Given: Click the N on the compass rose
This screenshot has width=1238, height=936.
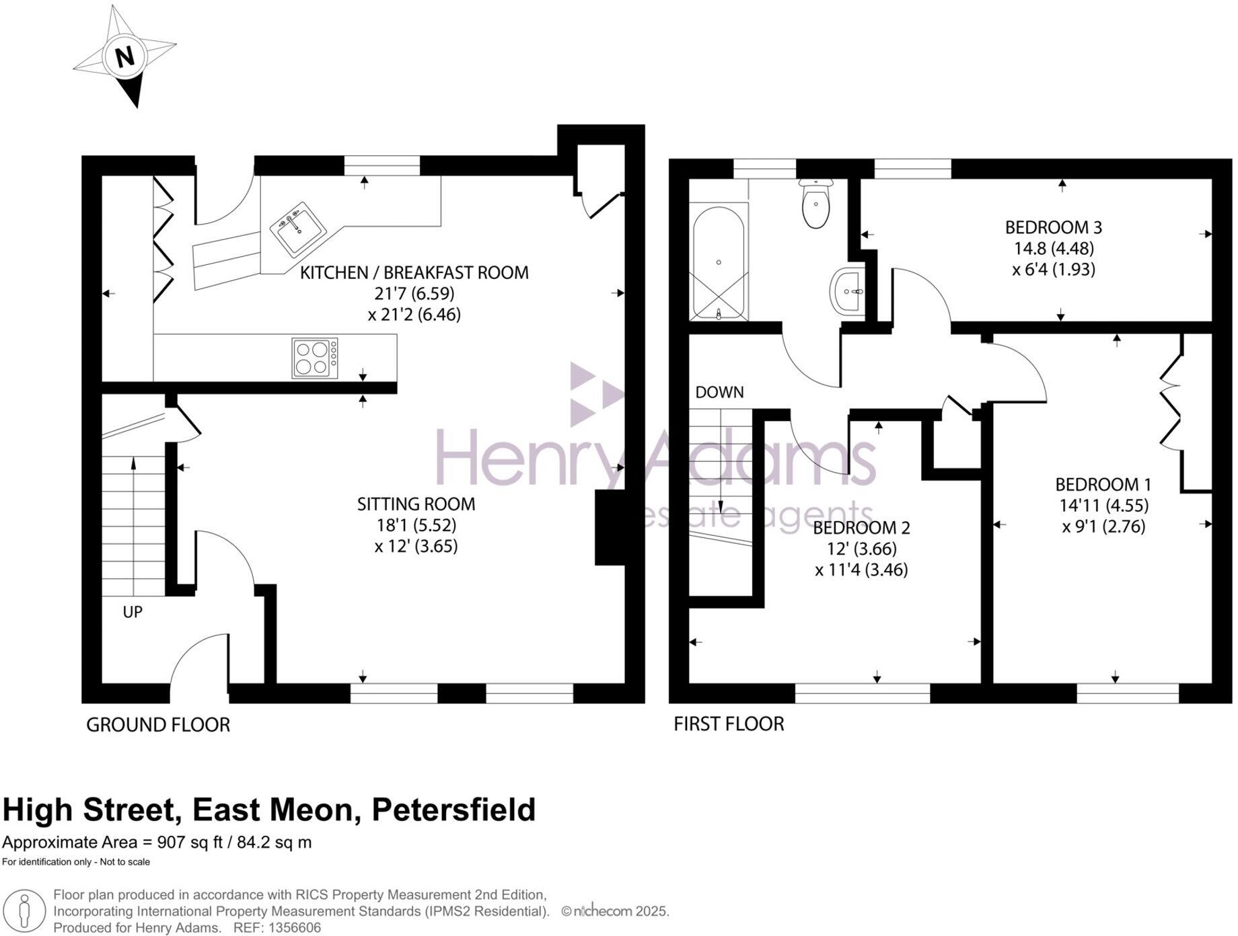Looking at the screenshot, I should (124, 56).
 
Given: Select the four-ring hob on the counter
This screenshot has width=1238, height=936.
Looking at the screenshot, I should (315, 358).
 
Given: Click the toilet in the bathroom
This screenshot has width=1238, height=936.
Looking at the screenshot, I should (815, 204).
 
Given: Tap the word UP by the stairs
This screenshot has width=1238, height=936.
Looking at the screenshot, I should (133, 612).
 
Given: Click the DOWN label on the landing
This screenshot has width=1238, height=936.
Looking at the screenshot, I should (719, 392).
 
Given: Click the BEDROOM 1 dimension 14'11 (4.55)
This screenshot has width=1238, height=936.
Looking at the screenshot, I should (1103, 505).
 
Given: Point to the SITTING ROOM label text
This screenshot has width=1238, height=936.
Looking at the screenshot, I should (416, 504).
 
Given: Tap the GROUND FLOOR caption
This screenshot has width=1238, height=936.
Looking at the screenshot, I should (158, 725).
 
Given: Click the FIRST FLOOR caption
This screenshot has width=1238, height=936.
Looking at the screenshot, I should (729, 724).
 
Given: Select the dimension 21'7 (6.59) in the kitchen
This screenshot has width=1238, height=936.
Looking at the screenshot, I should (414, 293).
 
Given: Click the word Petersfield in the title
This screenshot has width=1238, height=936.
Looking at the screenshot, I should (453, 810).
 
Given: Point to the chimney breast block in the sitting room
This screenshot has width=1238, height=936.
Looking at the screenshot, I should (610, 528).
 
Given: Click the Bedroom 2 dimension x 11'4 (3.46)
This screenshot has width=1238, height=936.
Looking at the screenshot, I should (861, 570).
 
